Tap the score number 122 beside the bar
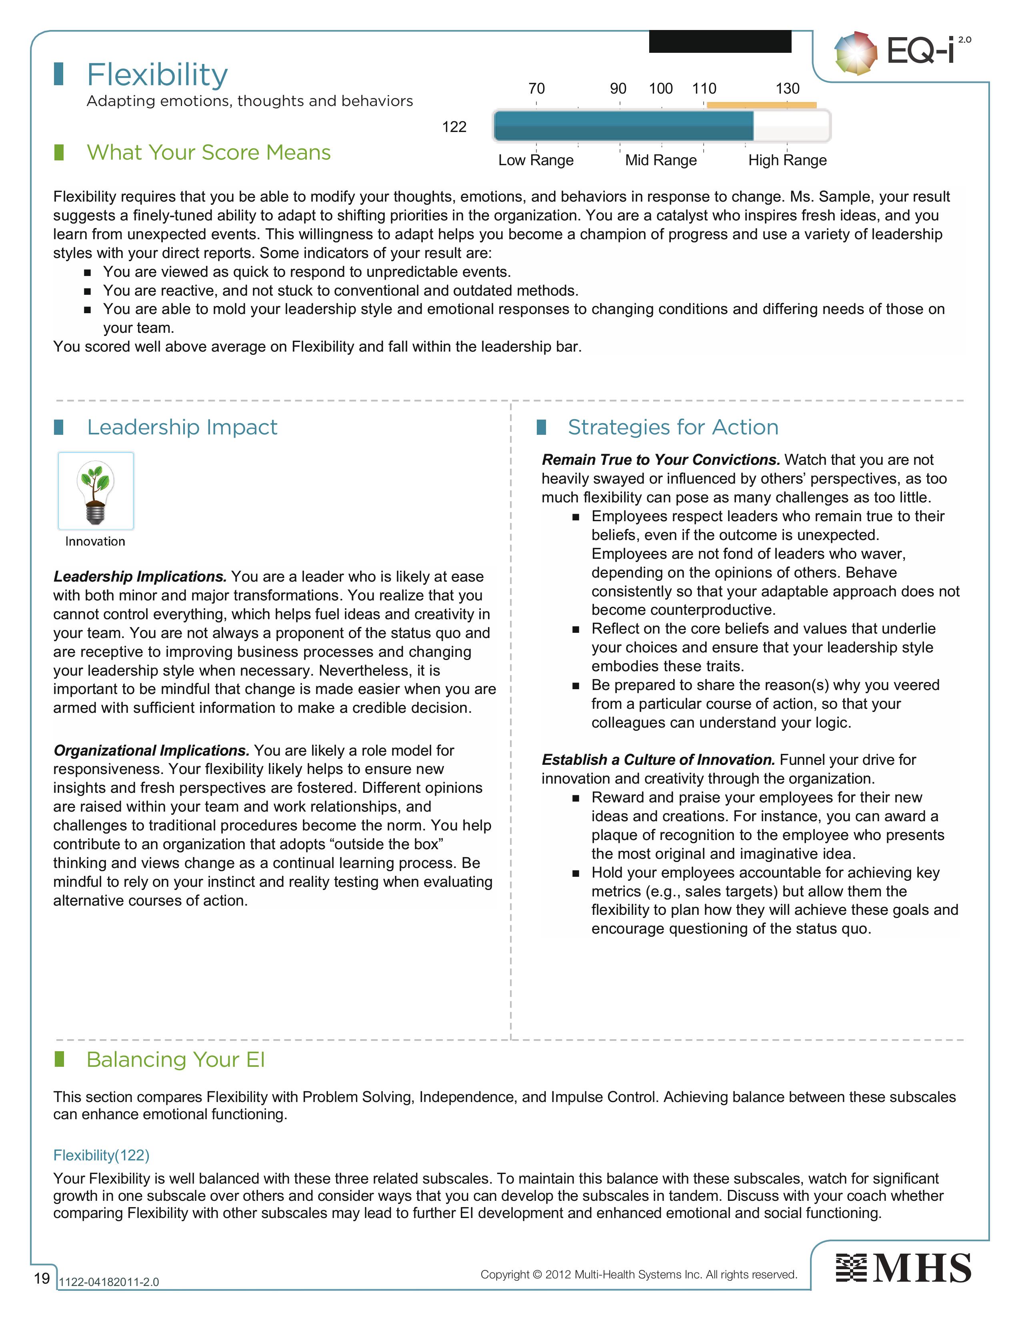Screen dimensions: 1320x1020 (x=454, y=127)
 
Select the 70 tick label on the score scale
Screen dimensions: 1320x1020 (x=536, y=89)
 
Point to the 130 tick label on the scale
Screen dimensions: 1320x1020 (x=787, y=89)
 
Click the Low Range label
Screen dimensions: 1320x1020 (x=535, y=160)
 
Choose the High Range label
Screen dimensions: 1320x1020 (x=787, y=160)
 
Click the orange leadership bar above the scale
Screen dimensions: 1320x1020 (x=761, y=105)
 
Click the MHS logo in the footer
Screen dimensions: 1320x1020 (x=903, y=1268)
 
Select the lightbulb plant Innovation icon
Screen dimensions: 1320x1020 (x=96, y=491)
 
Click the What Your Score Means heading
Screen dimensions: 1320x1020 (x=208, y=153)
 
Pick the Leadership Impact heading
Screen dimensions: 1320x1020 (x=182, y=427)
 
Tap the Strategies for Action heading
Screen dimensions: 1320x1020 (x=672, y=427)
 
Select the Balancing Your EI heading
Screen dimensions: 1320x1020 (x=175, y=1060)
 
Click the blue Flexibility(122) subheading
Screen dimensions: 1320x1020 (x=101, y=1155)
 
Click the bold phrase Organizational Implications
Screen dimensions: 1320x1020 (x=151, y=751)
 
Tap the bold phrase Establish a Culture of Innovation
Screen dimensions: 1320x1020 (x=658, y=760)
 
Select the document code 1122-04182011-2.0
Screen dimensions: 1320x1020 (x=109, y=1282)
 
